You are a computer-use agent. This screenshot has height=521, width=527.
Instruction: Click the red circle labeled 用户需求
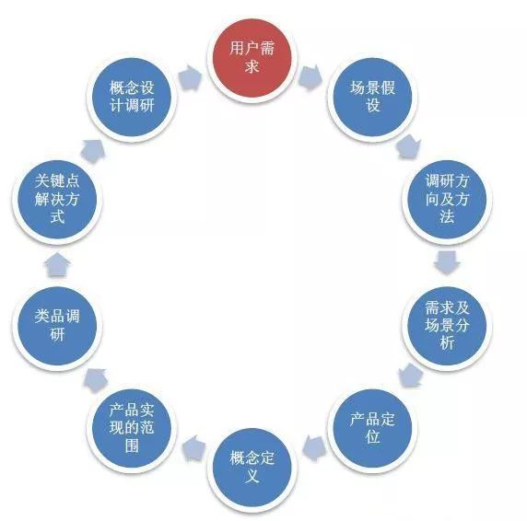(x=252, y=58)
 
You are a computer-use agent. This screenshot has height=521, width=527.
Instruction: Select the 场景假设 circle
(x=372, y=98)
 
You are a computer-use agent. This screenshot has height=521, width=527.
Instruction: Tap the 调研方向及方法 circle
(x=447, y=200)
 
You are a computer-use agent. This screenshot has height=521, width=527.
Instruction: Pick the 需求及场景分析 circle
(x=447, y=326)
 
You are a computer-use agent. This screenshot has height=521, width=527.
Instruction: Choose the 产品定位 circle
(x=372, y=429)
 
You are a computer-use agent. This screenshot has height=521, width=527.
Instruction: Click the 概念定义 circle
(x=252, y=468)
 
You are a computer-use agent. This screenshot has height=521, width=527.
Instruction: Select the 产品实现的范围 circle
(x=132, y=429)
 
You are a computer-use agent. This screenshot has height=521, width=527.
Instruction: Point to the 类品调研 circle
(x=57, y=326)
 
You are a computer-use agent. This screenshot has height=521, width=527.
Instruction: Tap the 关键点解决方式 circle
(x=57, y=200)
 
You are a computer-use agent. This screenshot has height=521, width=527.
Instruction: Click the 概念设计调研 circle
(x=132, y=98)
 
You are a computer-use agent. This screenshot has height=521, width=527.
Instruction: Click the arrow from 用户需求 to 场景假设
(x=310, y=78)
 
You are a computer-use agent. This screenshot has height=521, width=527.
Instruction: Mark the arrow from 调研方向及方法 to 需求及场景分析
(x=447, y=262)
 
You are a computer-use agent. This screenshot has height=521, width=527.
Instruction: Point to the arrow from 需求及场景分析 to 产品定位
(x=410, y=376)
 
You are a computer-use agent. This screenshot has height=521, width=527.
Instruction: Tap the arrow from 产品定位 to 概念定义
(x=314, y=448)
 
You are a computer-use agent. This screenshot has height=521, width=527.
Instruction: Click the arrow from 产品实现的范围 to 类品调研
(x=95, y=381)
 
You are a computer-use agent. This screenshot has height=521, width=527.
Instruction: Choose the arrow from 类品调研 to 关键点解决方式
(x=57, y=264)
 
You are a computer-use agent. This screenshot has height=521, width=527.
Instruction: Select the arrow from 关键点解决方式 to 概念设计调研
(x=93, y=151)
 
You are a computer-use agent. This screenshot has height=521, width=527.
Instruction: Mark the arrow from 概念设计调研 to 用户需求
(x=190, y=78)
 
